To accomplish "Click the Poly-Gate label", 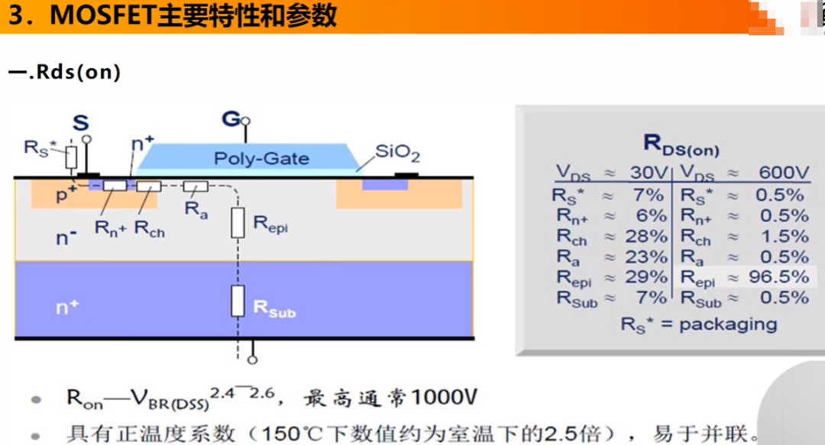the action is [x=261, y=158].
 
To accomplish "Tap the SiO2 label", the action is [x=397, y=153].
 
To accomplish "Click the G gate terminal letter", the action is [x=231, y=118].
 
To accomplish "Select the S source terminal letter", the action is [x=80, y=123].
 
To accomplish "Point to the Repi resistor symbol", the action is [x=238, y=223].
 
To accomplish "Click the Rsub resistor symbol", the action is [x=238, y=301].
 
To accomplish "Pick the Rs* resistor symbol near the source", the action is [x=71, y=157].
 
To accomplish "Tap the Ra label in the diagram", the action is [x=196, y=210].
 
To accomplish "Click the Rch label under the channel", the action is [x=150, y=229].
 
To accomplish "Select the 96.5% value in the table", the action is [x=778, y=276].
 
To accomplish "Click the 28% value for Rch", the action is [x=645, y=236].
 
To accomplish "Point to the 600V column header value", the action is [x=784, y=172].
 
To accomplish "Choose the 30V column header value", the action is [x=649, y=172].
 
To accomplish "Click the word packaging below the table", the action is [x=728, y=324].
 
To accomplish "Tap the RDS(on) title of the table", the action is [x=681, y=145].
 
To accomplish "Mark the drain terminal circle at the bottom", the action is [x=253, y=360].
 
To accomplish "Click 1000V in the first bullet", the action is [x=444, y=397].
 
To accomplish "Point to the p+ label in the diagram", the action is [x=66, y=195].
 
